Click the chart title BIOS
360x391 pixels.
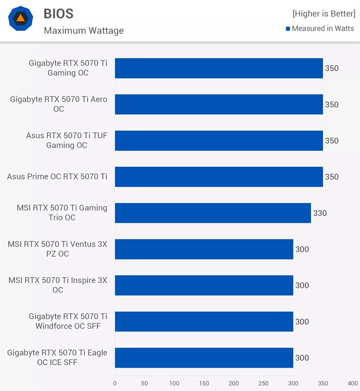[59, 13]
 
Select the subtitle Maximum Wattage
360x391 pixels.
[84, 31]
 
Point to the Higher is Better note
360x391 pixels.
[324, 13]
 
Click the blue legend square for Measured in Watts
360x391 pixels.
[288, 29]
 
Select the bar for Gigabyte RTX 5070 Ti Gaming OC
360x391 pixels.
[219, 68]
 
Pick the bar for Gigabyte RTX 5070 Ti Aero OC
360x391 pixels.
[219, 104]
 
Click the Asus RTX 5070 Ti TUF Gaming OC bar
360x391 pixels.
[219, 141]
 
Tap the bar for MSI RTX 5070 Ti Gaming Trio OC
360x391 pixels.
[213, 213]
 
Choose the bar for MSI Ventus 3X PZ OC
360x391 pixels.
[204, 249]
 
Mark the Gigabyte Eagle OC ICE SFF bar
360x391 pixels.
[204, 358]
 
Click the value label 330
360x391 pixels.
[320, 213]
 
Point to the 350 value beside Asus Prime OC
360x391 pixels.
[332, 177]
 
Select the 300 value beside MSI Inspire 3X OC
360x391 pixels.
[302, 285]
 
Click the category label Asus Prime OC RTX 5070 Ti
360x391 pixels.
[57, 177]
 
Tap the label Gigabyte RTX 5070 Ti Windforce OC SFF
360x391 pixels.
[68, 321]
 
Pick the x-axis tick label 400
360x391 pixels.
[353, 383]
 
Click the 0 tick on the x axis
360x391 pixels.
[115, 383]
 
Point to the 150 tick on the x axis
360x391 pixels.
[204, 383]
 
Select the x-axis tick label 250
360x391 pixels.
[263, 383]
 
